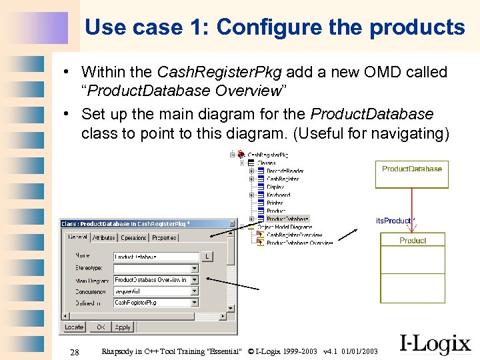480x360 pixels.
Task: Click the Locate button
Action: (x=74, y=327)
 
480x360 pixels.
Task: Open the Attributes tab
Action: (x=103, y=237)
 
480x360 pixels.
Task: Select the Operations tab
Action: (x=133, y=237)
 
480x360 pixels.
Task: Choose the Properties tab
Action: (x=164, y=237)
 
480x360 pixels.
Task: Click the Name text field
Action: (x=156, y=257)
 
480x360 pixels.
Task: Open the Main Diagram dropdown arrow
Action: (x=195, y=280)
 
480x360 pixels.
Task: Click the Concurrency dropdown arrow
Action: (x=195, y=291)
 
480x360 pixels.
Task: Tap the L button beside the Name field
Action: (x=207, y=257)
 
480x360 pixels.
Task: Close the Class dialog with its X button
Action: (x=231, y=223)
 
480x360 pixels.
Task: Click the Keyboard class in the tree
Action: (x=278, y=195)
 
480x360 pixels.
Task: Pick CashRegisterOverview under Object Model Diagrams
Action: (x=294, y=235)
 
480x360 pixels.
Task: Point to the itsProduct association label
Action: (x=393, y=221)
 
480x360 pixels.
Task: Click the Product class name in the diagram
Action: (x=413, y=240)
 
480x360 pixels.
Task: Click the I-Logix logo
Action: (x=435, y=343)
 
